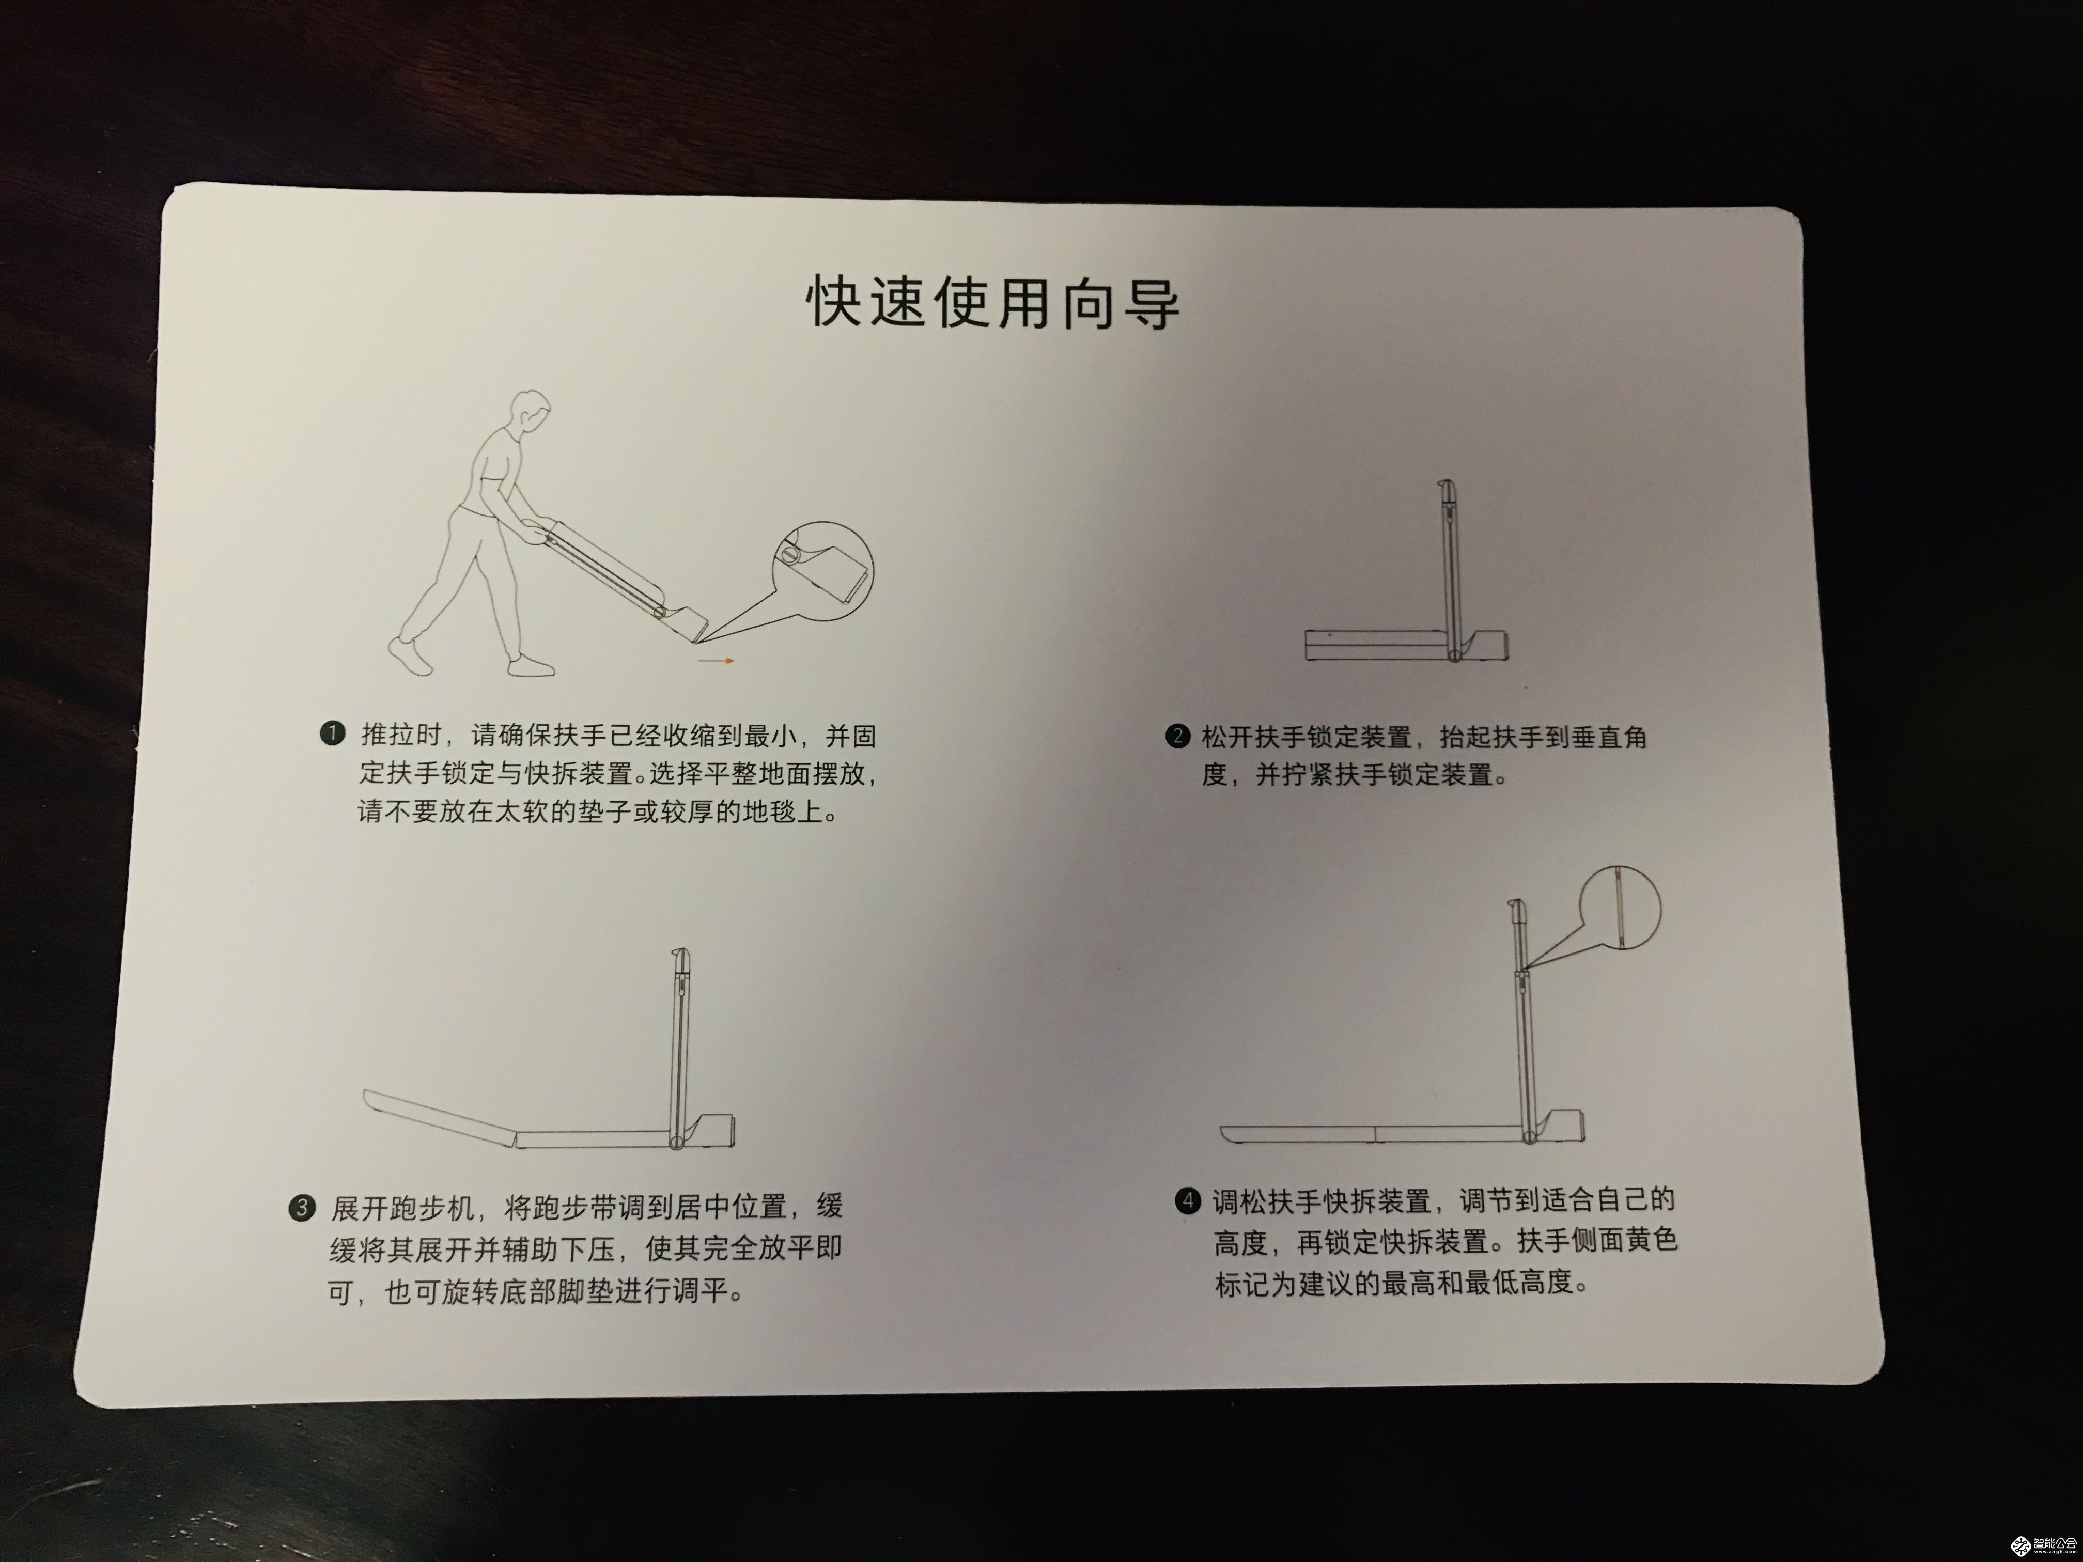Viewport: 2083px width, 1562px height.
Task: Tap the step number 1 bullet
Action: point(332,733)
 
